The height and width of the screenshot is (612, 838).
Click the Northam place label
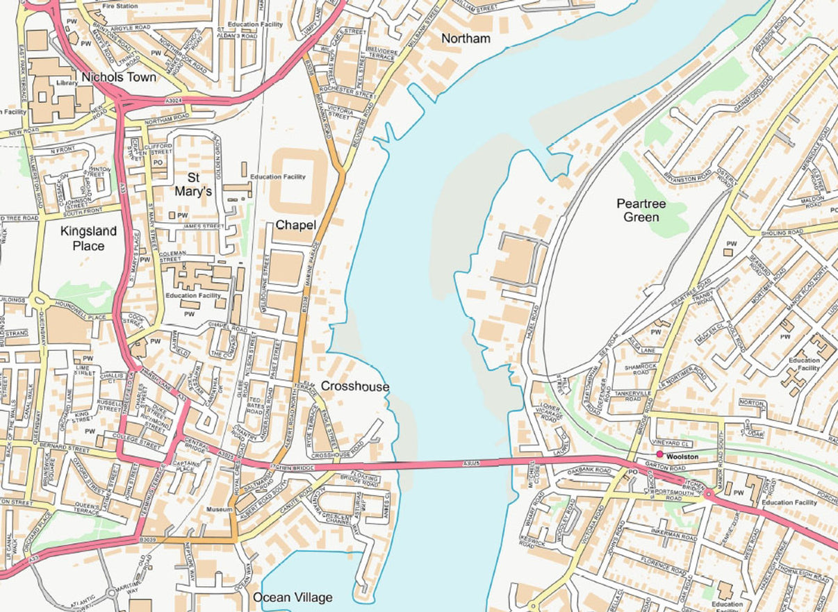[466, 39]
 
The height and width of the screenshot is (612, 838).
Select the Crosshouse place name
[355, 386]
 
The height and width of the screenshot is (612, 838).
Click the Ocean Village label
[293, 597]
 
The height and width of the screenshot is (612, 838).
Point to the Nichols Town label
[119, 77]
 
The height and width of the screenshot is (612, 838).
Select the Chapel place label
[296, 225]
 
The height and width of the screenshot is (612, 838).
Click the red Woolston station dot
[659, 454]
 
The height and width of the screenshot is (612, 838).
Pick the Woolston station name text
[682, 456]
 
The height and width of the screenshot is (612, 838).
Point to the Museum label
[220, 509]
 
